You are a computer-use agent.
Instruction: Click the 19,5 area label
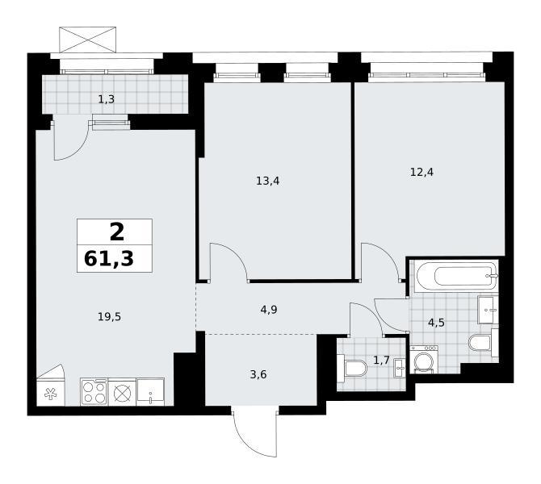pyautogui.click(x=109, y=317)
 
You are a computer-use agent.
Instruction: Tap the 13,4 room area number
pyautogui.click(x=268, y=181)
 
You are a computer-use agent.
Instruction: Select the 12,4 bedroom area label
pyautogui.click(x=421, y=172)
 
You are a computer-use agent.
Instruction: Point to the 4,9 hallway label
pyautogui.click(x=269, y=310)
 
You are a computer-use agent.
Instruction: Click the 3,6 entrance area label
pyautogui.click(x=258, y=374)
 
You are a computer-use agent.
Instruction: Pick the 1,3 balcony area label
pyautogui.click(x=107, y=100)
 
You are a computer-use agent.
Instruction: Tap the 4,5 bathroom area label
pyautogui.click(x=436, y=323)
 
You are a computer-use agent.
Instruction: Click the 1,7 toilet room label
pyautogui.click(x=381, y=361)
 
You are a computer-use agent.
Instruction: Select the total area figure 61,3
pyautogui.click(x=109, y=259)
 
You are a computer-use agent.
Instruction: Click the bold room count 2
pyautogui.click(x=117, y=232)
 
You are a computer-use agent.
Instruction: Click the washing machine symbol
pyautogui.click(x=424, y=359)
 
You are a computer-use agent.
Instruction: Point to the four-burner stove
pyautogui.click(x=94, y=391)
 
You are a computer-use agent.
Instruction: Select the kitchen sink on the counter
pyautogui.click(x=150, y=391)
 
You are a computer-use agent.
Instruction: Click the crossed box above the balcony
pyautogui.click(x=88, y=40)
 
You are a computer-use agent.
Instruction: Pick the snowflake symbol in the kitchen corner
pyautogui.click(x=51, y=394)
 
